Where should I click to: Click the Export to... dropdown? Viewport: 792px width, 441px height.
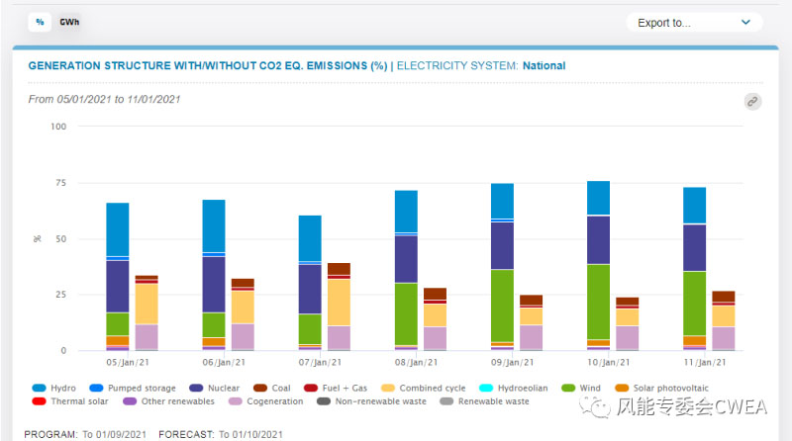[x=694, y=22]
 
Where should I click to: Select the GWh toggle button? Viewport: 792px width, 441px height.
[x=69, y=21]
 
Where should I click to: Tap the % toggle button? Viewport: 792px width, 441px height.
[x=40, y=21]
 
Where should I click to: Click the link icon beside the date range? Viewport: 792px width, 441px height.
[x=752, y=101]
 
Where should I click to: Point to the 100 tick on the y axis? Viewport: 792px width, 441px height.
[x=57, y=127]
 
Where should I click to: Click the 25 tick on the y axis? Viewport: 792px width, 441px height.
[x=59, y=295]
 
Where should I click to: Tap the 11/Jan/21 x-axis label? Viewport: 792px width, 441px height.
[x=708, y=363]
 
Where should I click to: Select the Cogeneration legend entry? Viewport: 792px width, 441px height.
[x=273, y=401]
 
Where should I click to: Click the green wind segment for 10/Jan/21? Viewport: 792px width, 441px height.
[x=598, y=302]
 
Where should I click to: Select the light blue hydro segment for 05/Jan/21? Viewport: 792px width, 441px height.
[x=118, y=228]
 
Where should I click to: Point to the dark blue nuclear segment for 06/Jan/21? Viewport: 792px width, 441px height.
[x=214, y=285]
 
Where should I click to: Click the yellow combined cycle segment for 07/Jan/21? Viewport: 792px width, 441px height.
[x=339, y=302]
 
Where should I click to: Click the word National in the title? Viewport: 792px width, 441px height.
[x=544, y=66]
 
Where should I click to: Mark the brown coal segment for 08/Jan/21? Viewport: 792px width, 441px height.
[x=435, y=293]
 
